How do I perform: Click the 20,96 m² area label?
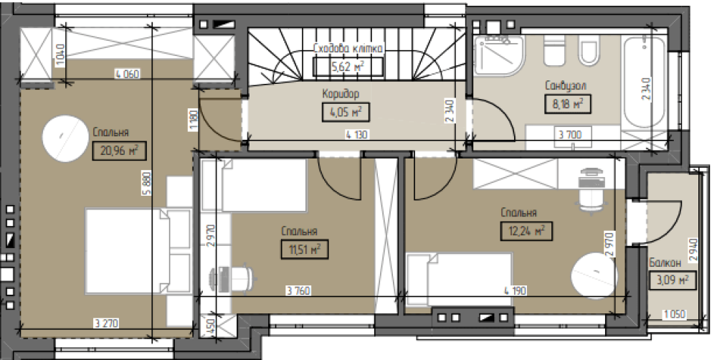119,151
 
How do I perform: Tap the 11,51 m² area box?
305,250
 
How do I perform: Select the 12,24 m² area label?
526,231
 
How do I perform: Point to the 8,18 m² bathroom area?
567,103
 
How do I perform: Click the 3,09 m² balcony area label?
673,280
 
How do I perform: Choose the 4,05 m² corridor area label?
346,112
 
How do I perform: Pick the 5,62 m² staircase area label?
348,67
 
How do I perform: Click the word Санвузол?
566,85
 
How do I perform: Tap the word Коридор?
341,94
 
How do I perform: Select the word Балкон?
665,262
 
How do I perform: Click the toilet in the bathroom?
589,50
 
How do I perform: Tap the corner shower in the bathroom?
498,55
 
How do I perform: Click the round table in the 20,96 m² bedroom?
65,138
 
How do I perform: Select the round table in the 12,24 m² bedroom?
594,276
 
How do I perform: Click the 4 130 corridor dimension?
356,135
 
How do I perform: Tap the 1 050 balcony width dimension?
673,315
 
